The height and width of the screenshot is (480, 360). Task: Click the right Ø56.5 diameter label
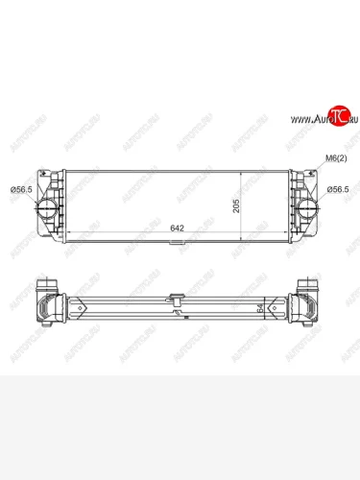(x=337, y=189)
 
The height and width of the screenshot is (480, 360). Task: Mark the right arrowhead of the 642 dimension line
(x=292, y=236)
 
